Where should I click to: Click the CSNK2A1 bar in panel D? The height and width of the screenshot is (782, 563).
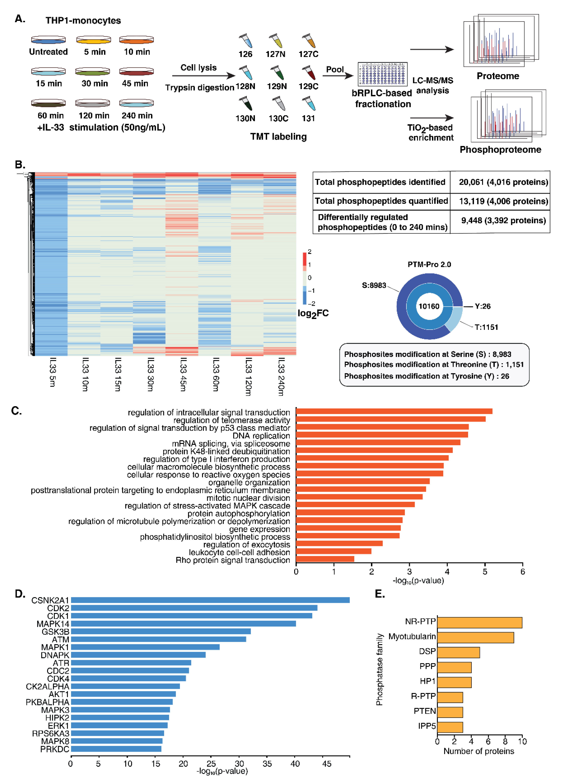click(210, 600)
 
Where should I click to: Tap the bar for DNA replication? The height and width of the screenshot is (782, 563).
click(382, 435)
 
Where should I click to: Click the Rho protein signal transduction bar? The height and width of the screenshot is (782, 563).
click(325, 559)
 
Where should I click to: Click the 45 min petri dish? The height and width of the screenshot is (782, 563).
click(136, 71)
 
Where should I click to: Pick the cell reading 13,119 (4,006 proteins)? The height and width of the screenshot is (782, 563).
click(503, 201)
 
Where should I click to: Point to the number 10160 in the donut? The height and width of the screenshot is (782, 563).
click(429, 306)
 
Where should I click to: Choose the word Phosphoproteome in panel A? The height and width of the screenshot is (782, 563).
click(500, 150)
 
